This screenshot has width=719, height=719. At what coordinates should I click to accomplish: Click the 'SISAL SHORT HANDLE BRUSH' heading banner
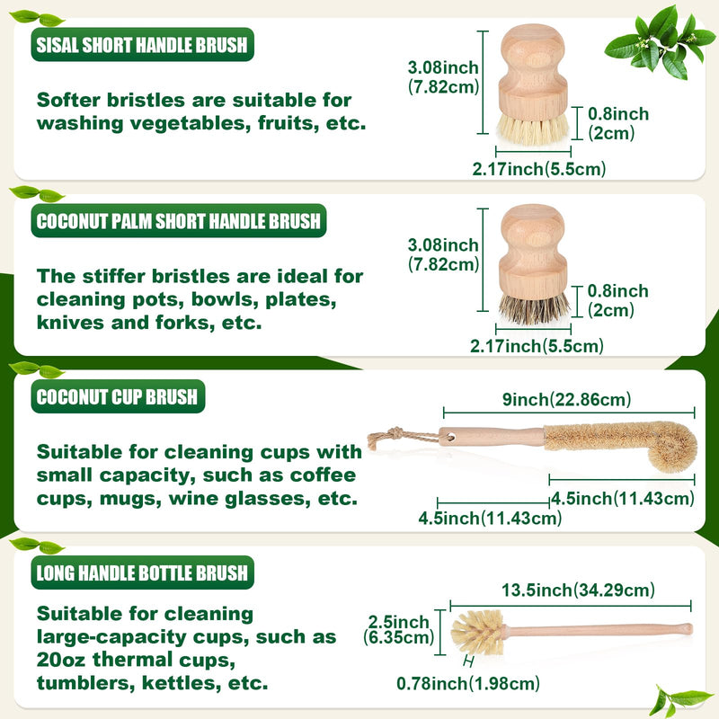(x=142, y=45)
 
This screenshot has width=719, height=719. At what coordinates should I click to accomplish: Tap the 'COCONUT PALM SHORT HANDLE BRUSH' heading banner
(x=178, y=221)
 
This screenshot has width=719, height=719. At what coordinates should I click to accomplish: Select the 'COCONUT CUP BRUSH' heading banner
(x=118, y=397)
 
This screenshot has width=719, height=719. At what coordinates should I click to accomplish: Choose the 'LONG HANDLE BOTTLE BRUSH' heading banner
(x=144, y=573)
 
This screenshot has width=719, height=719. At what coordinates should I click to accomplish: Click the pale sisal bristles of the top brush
(x=533, y=129)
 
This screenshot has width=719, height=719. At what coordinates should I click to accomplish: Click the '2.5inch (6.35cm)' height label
(x=400, y=630)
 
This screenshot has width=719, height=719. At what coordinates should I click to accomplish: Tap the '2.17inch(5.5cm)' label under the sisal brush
(x=538, y=168)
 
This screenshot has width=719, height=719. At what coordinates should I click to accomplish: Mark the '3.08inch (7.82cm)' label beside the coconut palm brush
(x=443, y=254)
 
